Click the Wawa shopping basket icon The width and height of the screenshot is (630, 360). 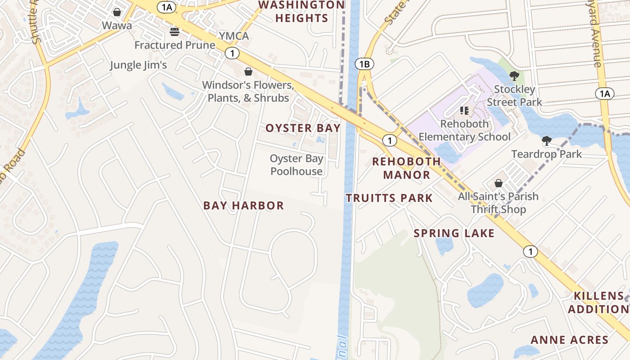[117, 12]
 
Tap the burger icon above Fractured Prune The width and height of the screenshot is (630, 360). [175, 32]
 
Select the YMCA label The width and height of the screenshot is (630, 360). [234, 36]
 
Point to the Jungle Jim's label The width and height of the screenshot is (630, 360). [138, 65]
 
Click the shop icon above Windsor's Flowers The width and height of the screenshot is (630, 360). [248, 72]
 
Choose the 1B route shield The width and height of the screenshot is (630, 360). [364, 64]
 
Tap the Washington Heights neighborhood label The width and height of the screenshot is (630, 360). [301, 12]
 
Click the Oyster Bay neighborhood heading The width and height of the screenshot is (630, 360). [303, 128]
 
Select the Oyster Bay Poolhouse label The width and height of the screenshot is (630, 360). [297, 165]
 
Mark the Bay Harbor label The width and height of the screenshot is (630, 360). [243, 206]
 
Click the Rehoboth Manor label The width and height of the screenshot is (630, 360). [406, 168]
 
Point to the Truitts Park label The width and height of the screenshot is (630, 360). [389, 198]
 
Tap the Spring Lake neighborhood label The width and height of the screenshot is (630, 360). [454, 233]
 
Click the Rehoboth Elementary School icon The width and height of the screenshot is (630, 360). [464, 111]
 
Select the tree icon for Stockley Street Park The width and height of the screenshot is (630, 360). [514, 76]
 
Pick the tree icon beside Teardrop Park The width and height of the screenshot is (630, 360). [547, 141]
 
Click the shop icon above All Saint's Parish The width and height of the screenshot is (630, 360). [498, 183]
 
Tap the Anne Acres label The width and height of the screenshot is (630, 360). [569, 340]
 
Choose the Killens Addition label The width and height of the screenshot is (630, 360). [598, 302]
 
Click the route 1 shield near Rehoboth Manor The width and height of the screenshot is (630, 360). [389, 140]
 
